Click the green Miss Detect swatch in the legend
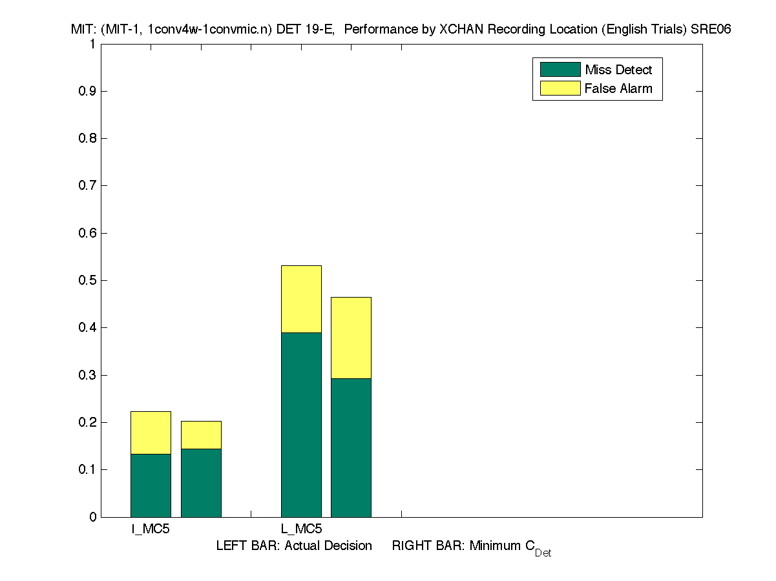click(560, 69)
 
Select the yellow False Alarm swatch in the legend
click(560, 88)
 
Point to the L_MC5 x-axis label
click(301, 529)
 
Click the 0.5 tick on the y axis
click(87, 280)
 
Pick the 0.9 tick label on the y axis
click(87, 91)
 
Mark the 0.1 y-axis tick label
click(87, 469)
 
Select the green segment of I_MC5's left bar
click(151, 485)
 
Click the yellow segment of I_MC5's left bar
click(151, 433)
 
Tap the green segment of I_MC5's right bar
click(201, 482)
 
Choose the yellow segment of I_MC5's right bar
click(201, 434)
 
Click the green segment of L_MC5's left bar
click(301, 424)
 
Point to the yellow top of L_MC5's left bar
click(301, 299)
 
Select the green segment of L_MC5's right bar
click(351, 447)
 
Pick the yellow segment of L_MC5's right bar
click(351, 338)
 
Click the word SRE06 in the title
click(713, 30)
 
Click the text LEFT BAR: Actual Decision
click(294, 545)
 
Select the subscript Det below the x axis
click(543, 553)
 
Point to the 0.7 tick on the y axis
click(87, 185)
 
